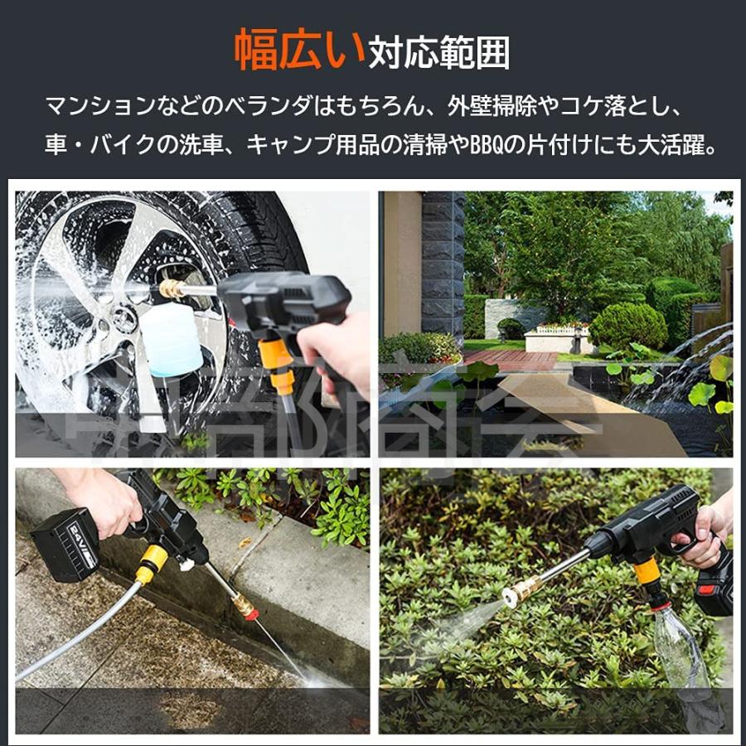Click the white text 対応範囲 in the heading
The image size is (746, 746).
439,53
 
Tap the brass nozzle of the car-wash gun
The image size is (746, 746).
172,288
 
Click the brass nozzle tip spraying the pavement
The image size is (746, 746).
245,604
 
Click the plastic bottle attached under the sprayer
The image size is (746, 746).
680,647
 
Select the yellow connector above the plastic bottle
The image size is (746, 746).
647,572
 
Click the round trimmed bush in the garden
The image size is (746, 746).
627,325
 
